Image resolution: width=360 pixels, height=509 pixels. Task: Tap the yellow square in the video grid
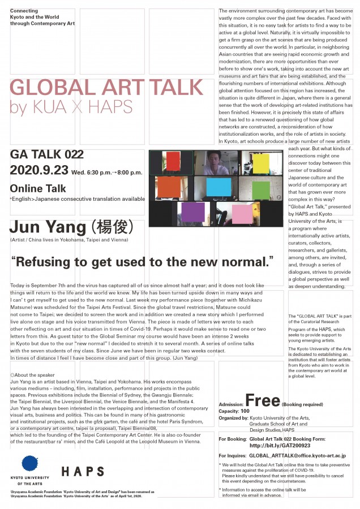[x=261, y=163]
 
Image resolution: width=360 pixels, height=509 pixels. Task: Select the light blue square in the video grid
[x=219, y=187]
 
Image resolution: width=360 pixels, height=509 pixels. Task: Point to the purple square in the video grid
[x=194, y=213]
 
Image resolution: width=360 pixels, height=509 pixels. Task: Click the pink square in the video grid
[x=242, y=214]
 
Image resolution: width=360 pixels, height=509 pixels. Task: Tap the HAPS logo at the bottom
[x=83, y=471]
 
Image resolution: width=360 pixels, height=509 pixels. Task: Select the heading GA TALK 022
[x=46, y=154]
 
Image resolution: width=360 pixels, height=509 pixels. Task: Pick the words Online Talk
[x=38, y=188]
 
